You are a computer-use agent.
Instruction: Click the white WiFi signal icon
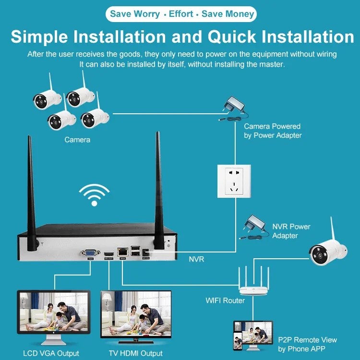click(x=94, y=195)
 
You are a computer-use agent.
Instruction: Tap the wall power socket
click(x=234, y=180)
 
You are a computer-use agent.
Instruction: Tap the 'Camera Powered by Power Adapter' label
click(x=272, y=131)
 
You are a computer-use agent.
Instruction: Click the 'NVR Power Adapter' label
click(x=291, y=231)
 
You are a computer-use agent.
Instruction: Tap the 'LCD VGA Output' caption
click(x=51, y=353)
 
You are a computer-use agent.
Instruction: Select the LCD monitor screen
click(x=53, y=312)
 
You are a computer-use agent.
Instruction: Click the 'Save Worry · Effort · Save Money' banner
click(x=182, y=14)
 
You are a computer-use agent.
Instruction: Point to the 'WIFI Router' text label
click(x=225, y=300)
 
